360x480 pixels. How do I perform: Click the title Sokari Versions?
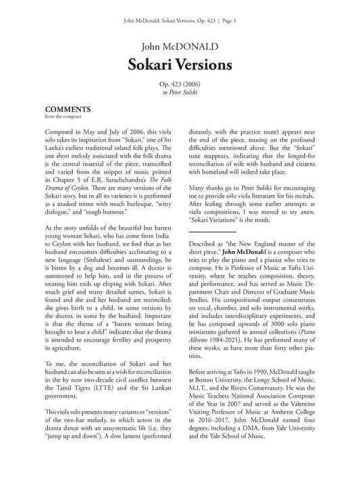[180, 65]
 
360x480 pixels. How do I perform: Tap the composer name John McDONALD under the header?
[180, 46]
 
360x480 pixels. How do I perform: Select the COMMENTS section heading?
[68, 109]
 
